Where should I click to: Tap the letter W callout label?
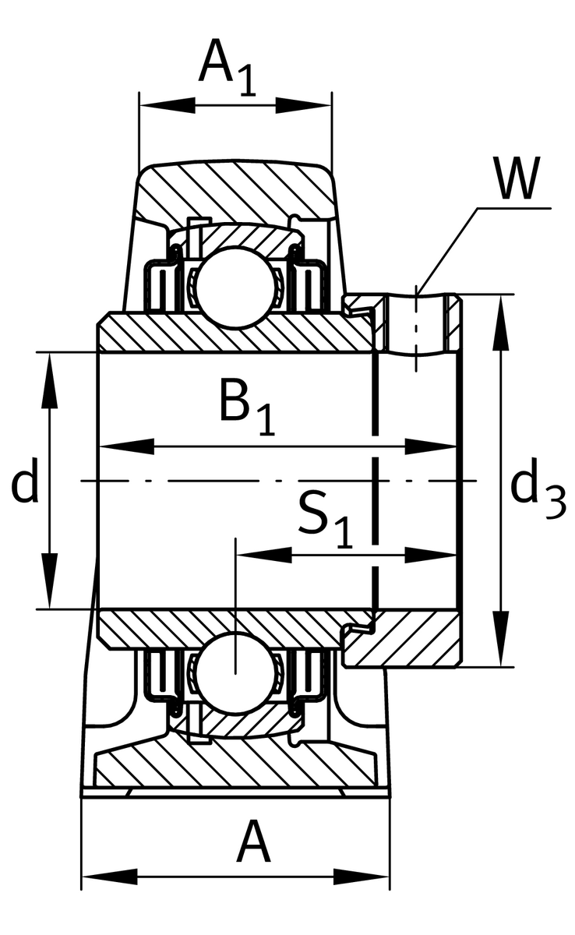click(516, 180)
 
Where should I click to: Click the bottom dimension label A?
click(253, 842)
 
